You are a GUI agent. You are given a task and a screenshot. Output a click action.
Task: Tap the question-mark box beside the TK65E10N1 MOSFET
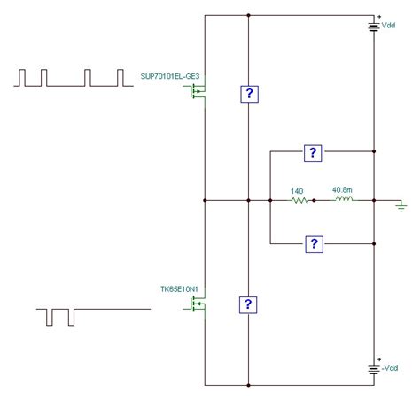[249, 304]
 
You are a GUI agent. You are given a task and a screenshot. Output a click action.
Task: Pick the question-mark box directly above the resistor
[311, 153]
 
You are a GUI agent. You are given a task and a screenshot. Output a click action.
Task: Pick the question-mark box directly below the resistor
[311, 243]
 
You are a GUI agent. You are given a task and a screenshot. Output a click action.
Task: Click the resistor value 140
[297, 190]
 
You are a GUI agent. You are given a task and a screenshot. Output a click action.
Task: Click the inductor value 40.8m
[340, 190]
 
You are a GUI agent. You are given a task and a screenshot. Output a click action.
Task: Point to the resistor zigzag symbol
[299, 202]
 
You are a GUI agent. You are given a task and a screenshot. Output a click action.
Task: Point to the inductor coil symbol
[342, 201]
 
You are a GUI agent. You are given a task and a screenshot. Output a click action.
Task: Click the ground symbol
[401, 205]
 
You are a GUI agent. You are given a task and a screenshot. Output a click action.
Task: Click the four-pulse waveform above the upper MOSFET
[67, 77]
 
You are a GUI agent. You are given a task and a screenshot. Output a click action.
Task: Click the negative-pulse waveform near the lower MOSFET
[60, 315]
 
